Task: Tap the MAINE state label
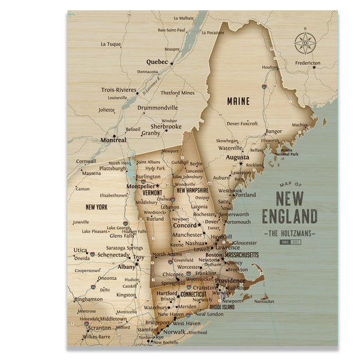point(238,101)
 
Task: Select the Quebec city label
point(157,62)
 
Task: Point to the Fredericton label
point(308,63)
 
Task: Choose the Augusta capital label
point(237,158)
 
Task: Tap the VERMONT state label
point(152,193)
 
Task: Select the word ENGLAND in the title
point(290,216)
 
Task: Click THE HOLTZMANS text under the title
point(290,232)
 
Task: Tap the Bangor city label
point(273,131)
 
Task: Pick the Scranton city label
point(99,328)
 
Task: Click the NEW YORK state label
point(96,207)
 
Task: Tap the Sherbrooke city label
point(166,127)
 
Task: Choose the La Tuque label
point(110,44)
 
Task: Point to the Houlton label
point(270,67)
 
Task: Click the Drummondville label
point(158,108)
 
